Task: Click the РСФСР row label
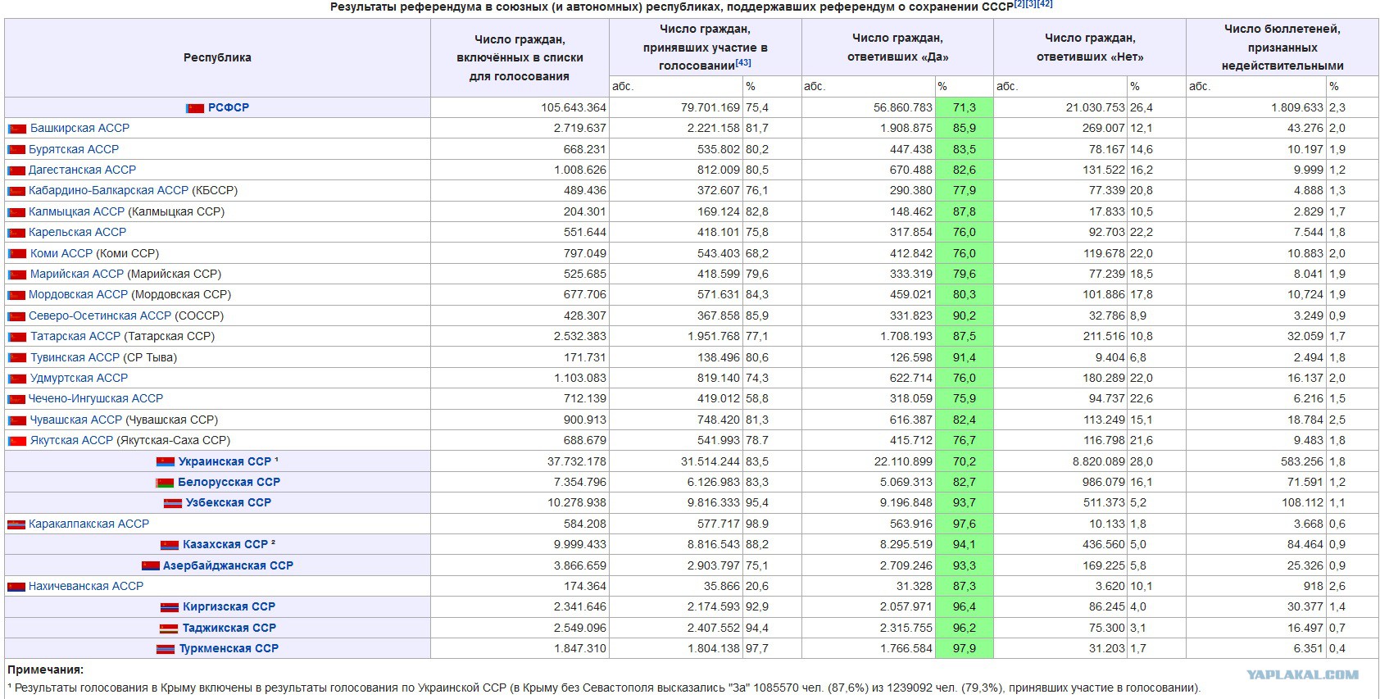click(229, 107)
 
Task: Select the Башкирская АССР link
click(79, 128)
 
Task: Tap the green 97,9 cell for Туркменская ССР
click(965, 648)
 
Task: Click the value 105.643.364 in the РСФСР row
click(574, 107)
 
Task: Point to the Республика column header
click(217, 57)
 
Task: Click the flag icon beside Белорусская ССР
click(165, 482)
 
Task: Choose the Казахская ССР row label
click(225, 544)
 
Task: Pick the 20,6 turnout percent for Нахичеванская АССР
click(757, 586)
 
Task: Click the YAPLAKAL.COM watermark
click(1302, 674)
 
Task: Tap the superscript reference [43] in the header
click(743, 62)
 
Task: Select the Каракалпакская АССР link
click(89, 524)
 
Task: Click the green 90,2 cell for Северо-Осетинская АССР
click(965, 315)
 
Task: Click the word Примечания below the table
click(46, 669)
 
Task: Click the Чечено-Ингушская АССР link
click(96, 398)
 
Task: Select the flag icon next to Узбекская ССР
click(172, 503)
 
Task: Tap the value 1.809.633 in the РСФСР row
click(1297, 107)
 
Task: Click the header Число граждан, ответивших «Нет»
click(1090, 48)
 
